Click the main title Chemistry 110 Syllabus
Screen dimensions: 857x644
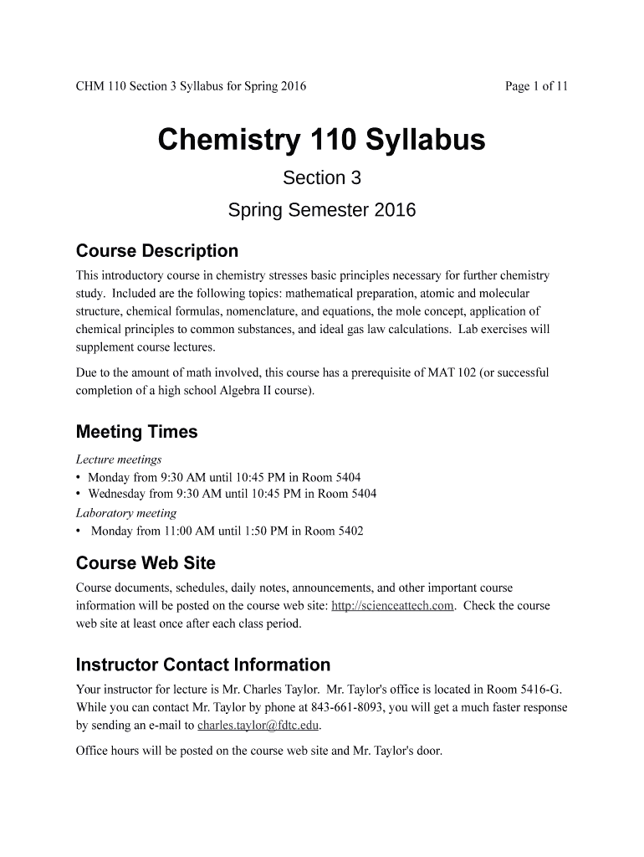pyautogui.click(x=321, y=140)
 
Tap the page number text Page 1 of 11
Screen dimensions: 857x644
pyautogui.click(x=536, y=86)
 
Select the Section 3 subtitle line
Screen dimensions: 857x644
pyautogui.click(x=321, y=178)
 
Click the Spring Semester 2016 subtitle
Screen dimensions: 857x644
pyautogui.click(x=321, y=211)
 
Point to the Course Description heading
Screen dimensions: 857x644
pyautogui.click(x=157, y=251)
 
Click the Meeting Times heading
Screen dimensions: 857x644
pyautogui.click(x=136, y=432)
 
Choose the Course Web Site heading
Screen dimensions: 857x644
pyautogui.click(x=146, y=562)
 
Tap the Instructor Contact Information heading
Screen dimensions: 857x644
pyautogui.click(x=202, y=665)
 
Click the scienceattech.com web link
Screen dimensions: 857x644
pyautogui.click(x=392, y=605)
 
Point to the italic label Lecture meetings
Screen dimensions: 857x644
pyautogui.click(x=119, y=459)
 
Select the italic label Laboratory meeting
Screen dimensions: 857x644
pyautogui.click(x=126, y=513)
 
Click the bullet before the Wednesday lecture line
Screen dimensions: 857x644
pyautogui.click(x=79, y=494)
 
